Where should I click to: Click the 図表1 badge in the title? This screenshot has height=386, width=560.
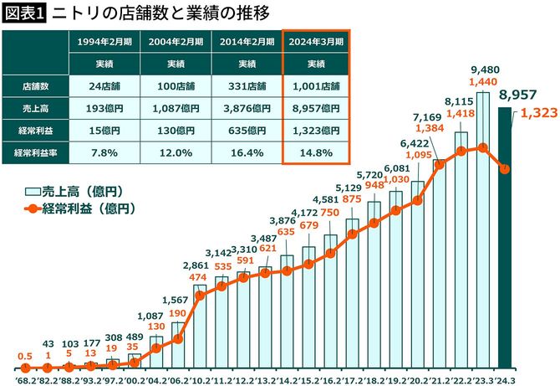[25, 13]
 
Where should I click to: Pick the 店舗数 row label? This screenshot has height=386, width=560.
[34, 86]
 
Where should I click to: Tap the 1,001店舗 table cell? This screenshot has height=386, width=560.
[318, 86]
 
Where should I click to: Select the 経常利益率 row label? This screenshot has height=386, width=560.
[34, 152]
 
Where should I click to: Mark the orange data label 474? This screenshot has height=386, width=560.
[201, 277]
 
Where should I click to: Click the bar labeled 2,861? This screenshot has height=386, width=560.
[201, 327]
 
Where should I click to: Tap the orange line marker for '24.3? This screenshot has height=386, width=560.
[505, 168]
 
